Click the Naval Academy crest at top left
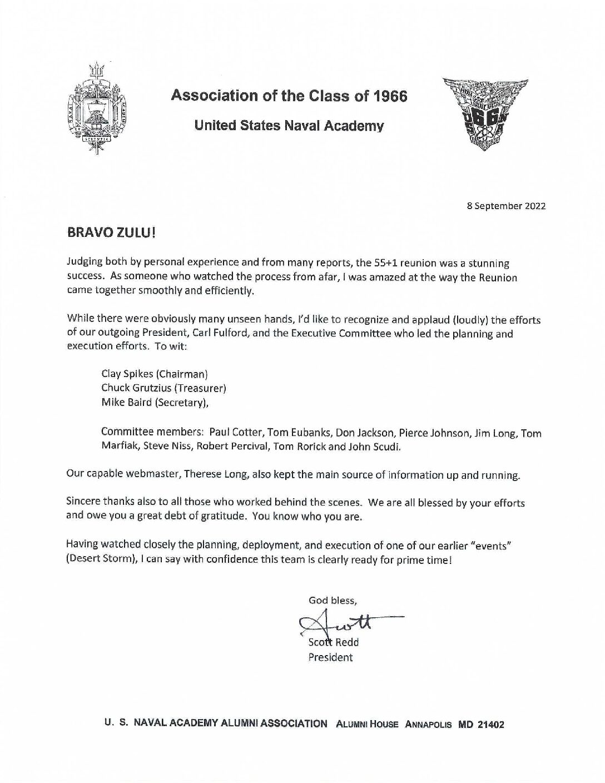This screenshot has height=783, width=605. (99, 107)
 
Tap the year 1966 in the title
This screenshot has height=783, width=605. (388, 96)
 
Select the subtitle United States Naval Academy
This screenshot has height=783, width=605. (289, 126)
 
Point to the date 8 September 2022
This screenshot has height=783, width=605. (506, 206)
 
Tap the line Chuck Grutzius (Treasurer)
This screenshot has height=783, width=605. (163, 388)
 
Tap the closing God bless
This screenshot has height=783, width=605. (333, 600)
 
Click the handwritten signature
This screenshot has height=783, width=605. (345, 623)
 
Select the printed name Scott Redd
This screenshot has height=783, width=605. (334, 642)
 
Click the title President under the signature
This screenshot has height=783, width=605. (330, 657)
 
